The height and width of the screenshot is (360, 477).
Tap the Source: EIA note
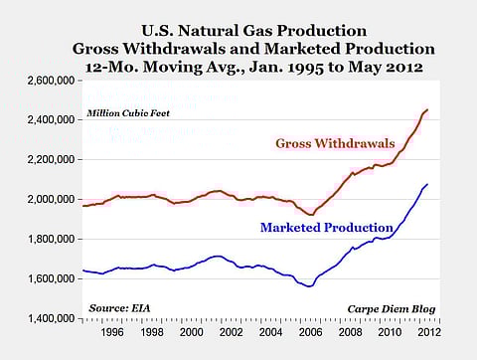pyautogui.click(x=115, y=309)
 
